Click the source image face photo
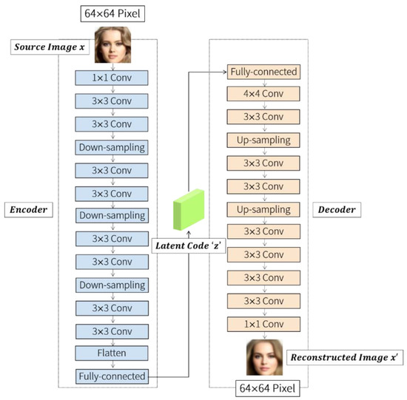[112, 44]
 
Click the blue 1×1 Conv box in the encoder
[112, 78]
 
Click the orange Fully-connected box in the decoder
[263, 72]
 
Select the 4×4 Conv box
[263, 95]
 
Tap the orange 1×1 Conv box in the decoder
[263, 324]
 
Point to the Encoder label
[30, 210]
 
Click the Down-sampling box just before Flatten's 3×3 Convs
[112, 285]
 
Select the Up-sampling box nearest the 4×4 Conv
[263, 140]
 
